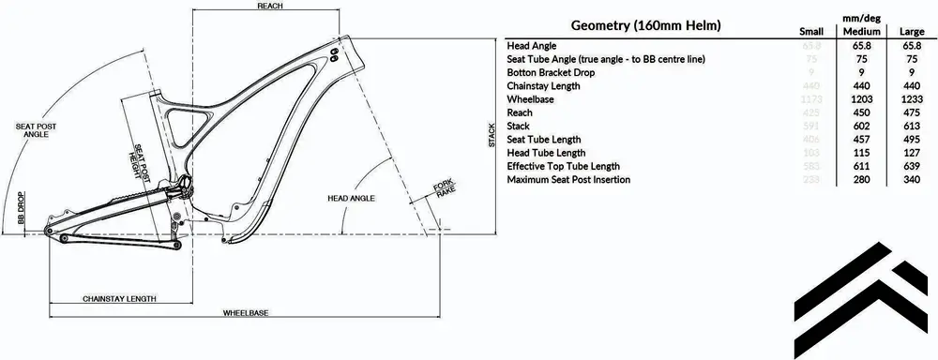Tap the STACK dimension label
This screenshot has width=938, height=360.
coord(491,136)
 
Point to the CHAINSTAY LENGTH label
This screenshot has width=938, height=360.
coord(119,298)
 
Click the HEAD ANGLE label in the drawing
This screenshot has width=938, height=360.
coord(351,199)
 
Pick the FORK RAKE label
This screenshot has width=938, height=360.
coord(443,187)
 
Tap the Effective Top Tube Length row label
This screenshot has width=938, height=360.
coord(563,166)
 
